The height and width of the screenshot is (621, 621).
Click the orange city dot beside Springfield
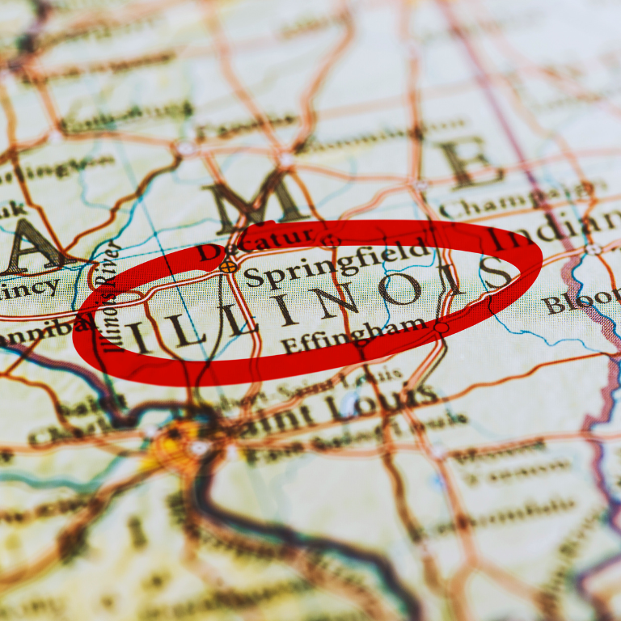coord(228,265)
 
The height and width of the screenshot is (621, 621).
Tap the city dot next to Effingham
coord(441,327)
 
